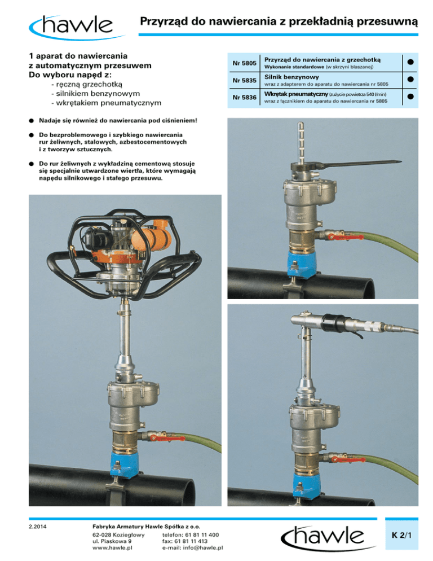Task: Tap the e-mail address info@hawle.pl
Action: click(192, 547)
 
